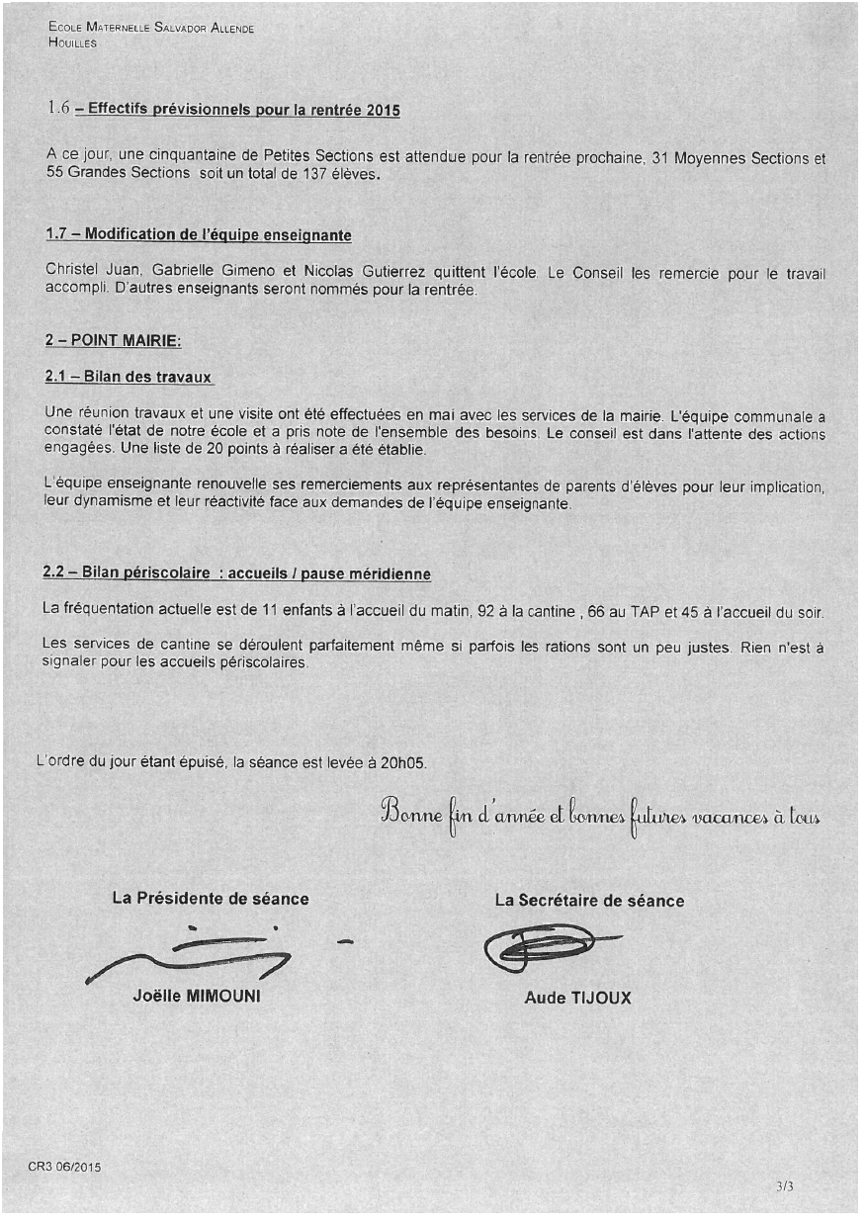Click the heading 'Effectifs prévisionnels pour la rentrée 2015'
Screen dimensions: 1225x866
click(243, 110)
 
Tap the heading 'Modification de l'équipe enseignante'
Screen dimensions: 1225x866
click(217, 235)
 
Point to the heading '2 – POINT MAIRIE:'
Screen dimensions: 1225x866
click(113, 340)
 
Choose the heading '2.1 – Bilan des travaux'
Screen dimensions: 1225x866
click(130, 378)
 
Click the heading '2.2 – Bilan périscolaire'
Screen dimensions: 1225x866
click(133, 573)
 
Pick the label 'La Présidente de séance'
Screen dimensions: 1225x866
click(211, 899)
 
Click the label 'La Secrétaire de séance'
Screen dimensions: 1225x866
click(589, 901)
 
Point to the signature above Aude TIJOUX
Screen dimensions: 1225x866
click(544, 949)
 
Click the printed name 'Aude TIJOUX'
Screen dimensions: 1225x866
click(577, 998)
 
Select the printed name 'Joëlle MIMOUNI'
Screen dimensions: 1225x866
click(197, 996)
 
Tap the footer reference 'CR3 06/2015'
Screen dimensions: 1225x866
click(64, 1167)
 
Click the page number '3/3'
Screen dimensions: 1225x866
click(785, 1185)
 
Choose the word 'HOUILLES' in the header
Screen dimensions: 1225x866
click(72, 44)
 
